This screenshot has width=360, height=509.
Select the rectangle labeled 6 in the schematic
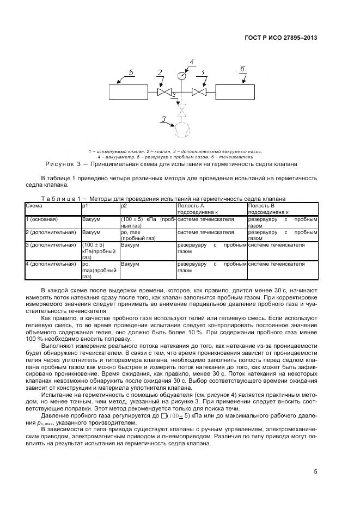pos(234,91)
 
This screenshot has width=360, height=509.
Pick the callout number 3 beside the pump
pos(163,118)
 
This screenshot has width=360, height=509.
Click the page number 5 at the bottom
pos(315,471)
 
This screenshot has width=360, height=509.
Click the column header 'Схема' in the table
pos(34,206)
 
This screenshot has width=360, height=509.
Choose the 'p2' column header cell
pos(124,206)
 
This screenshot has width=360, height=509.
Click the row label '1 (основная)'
pos(42,219)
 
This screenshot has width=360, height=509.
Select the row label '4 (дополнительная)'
pos(51,264)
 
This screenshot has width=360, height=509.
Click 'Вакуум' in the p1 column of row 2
pos(91,232)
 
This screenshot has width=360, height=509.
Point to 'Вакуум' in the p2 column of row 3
pos(130,245)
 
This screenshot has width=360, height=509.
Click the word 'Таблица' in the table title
pos(61,199)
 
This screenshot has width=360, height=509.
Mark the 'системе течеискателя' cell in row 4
pos(276,264)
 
